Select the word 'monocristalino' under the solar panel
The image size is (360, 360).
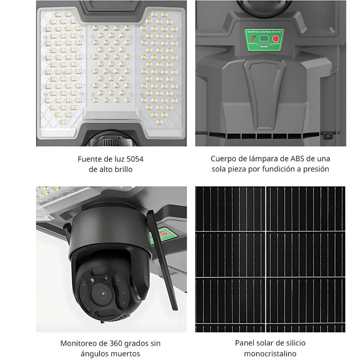(270, 354)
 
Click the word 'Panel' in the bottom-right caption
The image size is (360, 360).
(245, 343)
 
